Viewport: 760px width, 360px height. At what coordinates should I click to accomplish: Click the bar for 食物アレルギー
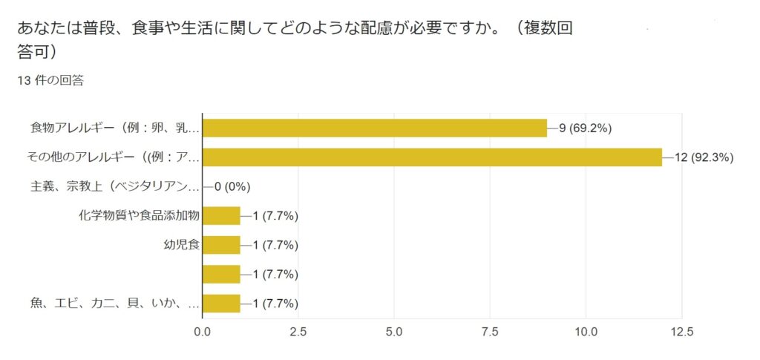coord(375,128)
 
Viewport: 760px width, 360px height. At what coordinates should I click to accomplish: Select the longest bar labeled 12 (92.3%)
coord(432,157)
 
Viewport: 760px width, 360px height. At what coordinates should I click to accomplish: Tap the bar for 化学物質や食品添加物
coord(221,215)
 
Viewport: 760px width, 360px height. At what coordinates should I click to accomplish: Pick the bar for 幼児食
coord(221,245)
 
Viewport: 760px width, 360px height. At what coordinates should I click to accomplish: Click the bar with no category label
coord(221,274)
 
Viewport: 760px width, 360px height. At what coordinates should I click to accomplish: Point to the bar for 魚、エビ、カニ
coord(221,304)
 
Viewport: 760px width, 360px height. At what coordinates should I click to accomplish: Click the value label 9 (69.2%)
coord(585,128)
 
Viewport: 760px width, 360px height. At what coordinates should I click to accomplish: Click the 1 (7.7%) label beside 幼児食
coord(275,245)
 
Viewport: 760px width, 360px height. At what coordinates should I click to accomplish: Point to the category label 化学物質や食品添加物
coord(140,215)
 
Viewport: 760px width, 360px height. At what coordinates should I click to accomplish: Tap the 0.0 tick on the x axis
coord(203,332)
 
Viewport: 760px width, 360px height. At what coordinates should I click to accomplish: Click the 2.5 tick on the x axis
coord(298,332)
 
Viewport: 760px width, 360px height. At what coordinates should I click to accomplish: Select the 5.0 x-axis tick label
coord(394,332)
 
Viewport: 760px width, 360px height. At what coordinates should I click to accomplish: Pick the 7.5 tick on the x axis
coord(490,332)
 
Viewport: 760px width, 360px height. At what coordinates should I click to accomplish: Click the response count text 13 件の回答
coord(50,81)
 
